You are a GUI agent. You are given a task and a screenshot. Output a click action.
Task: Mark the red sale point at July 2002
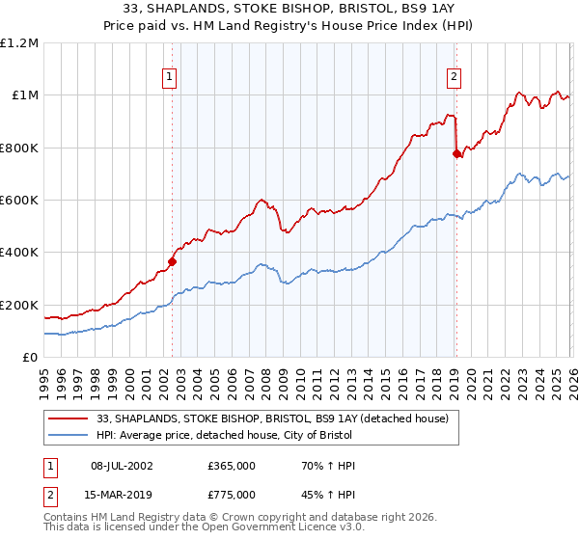pyautogui.click(x=172, y=260)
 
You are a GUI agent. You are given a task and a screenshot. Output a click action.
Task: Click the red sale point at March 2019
pyautogui.click(x=456, y=152)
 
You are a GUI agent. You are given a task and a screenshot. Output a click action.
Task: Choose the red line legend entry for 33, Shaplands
pyautogui.click(x=272, y=419)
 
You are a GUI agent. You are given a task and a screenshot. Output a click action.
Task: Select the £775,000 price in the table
pyautogui.click(x=232, y=495)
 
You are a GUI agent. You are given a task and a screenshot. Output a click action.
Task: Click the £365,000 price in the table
pyautogui.click(x=232, y=466)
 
